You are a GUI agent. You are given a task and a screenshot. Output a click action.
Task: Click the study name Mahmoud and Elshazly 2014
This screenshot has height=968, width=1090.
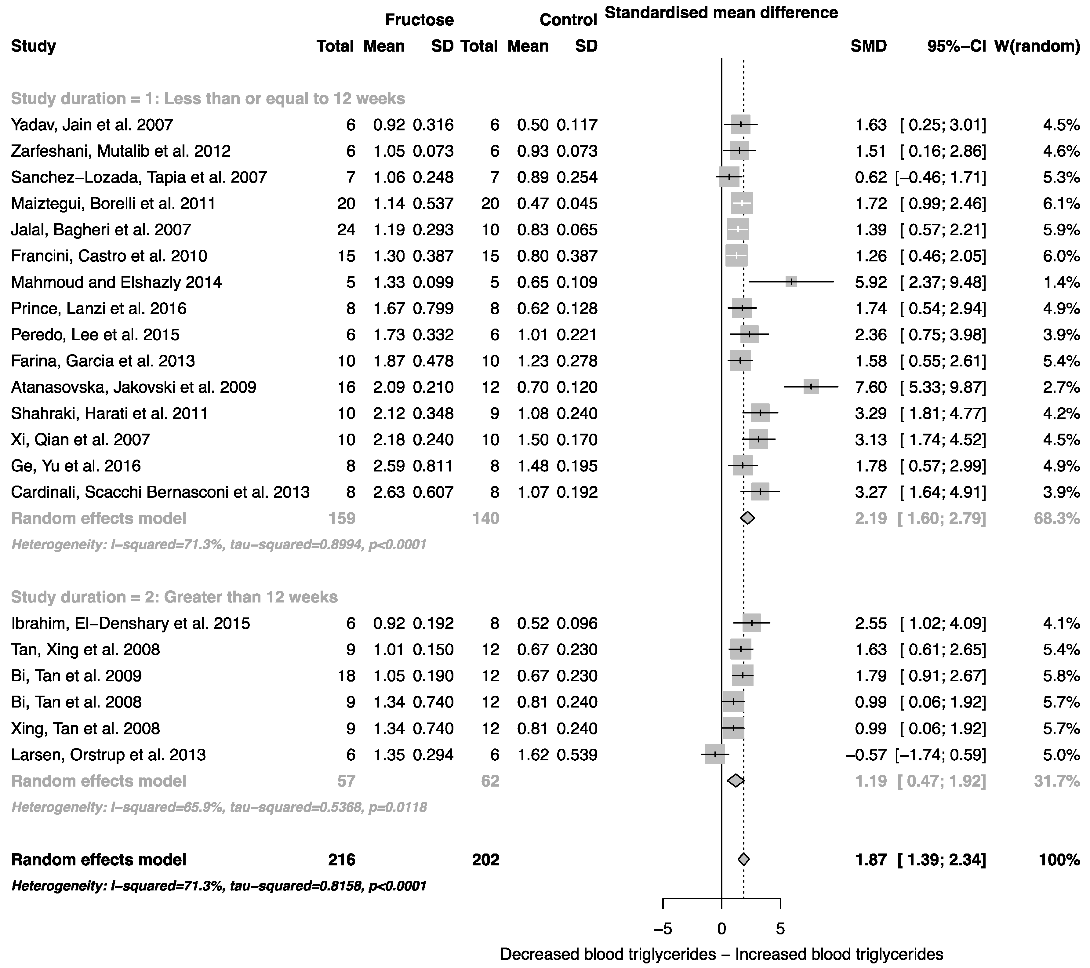(116, 282)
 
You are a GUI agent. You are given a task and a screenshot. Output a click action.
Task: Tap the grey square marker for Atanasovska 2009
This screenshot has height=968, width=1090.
(811, 387)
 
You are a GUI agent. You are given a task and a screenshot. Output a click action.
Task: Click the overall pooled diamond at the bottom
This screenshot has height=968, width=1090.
(743, 860)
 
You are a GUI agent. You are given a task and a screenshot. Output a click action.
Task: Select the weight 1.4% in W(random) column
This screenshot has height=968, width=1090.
(1061, 282)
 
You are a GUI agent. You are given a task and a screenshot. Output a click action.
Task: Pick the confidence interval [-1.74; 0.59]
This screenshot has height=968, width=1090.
(941, 755)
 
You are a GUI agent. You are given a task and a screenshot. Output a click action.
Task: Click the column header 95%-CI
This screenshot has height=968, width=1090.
(956, 46)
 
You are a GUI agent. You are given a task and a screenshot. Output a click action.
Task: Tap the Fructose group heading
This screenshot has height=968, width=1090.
(419, 20)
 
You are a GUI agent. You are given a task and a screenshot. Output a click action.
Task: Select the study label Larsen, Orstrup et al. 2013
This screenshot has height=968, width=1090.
(108, 755)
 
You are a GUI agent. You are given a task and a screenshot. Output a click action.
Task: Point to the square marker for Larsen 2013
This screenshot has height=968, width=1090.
(714, 755)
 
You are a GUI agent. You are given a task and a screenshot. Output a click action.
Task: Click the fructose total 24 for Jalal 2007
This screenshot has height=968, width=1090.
(346, 230)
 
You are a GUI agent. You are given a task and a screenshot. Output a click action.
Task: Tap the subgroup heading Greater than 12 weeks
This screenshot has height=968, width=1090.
(174, 597)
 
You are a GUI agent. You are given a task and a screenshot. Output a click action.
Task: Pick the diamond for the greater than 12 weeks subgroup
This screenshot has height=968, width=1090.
(736, 781)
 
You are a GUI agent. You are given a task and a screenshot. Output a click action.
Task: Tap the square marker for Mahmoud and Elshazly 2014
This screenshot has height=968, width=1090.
(791, 282)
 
